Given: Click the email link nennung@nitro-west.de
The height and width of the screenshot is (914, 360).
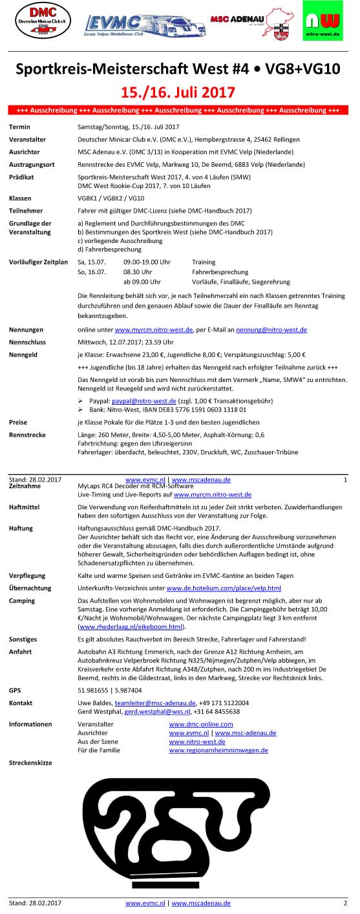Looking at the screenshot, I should pos(271,330).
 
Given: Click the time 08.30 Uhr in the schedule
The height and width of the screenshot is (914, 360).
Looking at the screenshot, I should pos(137,272).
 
